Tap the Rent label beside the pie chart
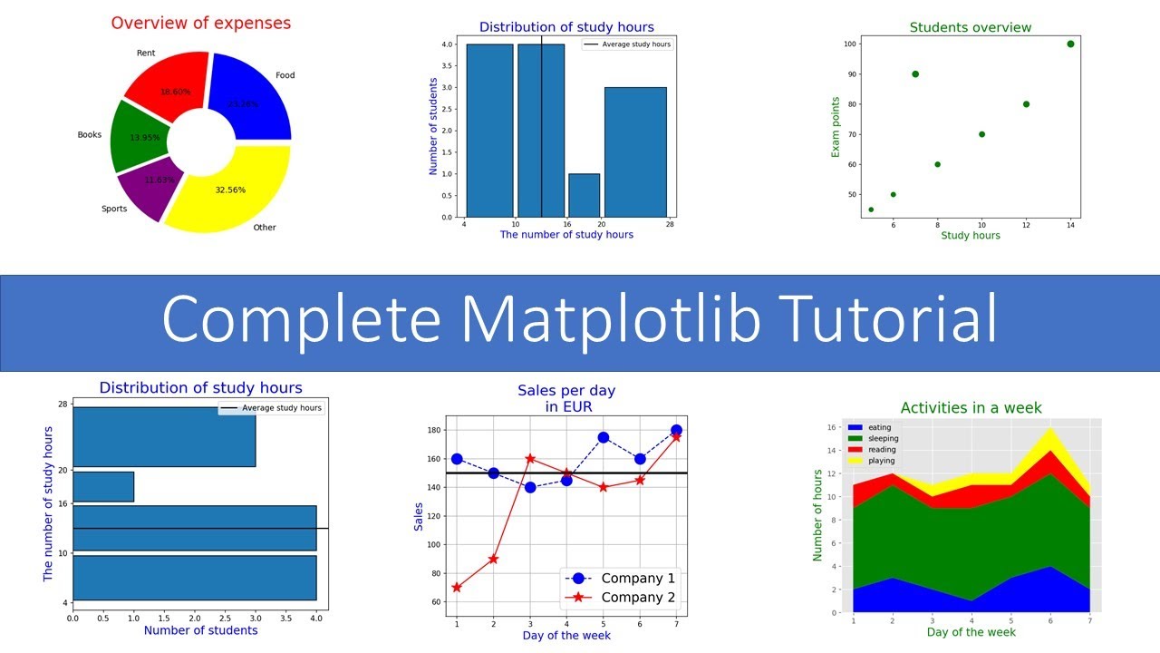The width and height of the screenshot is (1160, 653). [146, 53]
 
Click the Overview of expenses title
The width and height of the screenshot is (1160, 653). [201, 24]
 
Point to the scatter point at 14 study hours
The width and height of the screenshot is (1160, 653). [1070, 44]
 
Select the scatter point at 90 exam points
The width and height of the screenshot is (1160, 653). [915, 74]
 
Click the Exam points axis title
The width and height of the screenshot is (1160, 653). [836, 127]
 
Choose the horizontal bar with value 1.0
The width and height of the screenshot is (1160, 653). [103, 486]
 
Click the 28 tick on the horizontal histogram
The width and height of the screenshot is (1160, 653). [63, 404]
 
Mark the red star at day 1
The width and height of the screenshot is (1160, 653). [457, 588]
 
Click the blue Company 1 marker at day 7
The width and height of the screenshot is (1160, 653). [676, 431]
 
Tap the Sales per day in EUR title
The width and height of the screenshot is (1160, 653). [566, 398]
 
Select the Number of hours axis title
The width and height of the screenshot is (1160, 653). [817, 514]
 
